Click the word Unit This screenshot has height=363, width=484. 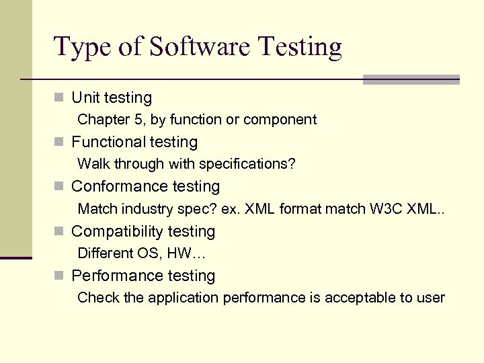[x=85, y=97]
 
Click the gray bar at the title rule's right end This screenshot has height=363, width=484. [x=411, y=79]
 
